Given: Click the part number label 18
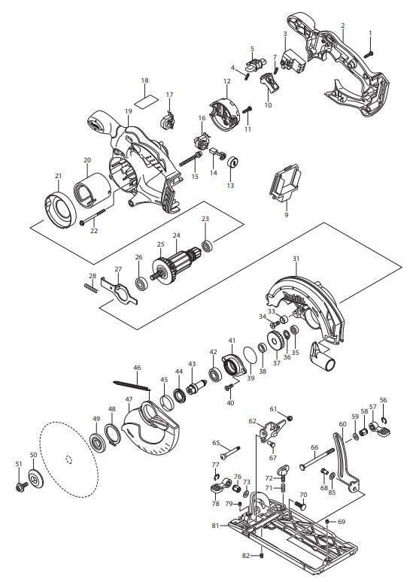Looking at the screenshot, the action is point(145,80).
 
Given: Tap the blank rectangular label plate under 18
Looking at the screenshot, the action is point(145,100).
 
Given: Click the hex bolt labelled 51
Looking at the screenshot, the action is point(22,486).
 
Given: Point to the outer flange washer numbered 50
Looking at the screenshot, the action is point(35,479).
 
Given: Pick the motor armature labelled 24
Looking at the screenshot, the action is point(177,265).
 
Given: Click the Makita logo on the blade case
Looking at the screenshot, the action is point(294,298).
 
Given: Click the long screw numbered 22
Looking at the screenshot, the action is point(92,217).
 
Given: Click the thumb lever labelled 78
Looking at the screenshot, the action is point(217,487).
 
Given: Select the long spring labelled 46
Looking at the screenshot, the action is point(132,384).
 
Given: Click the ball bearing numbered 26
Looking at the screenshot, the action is point(141,283).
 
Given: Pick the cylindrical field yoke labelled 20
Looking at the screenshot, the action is point(93,190).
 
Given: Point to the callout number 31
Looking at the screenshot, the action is point(296,259).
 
